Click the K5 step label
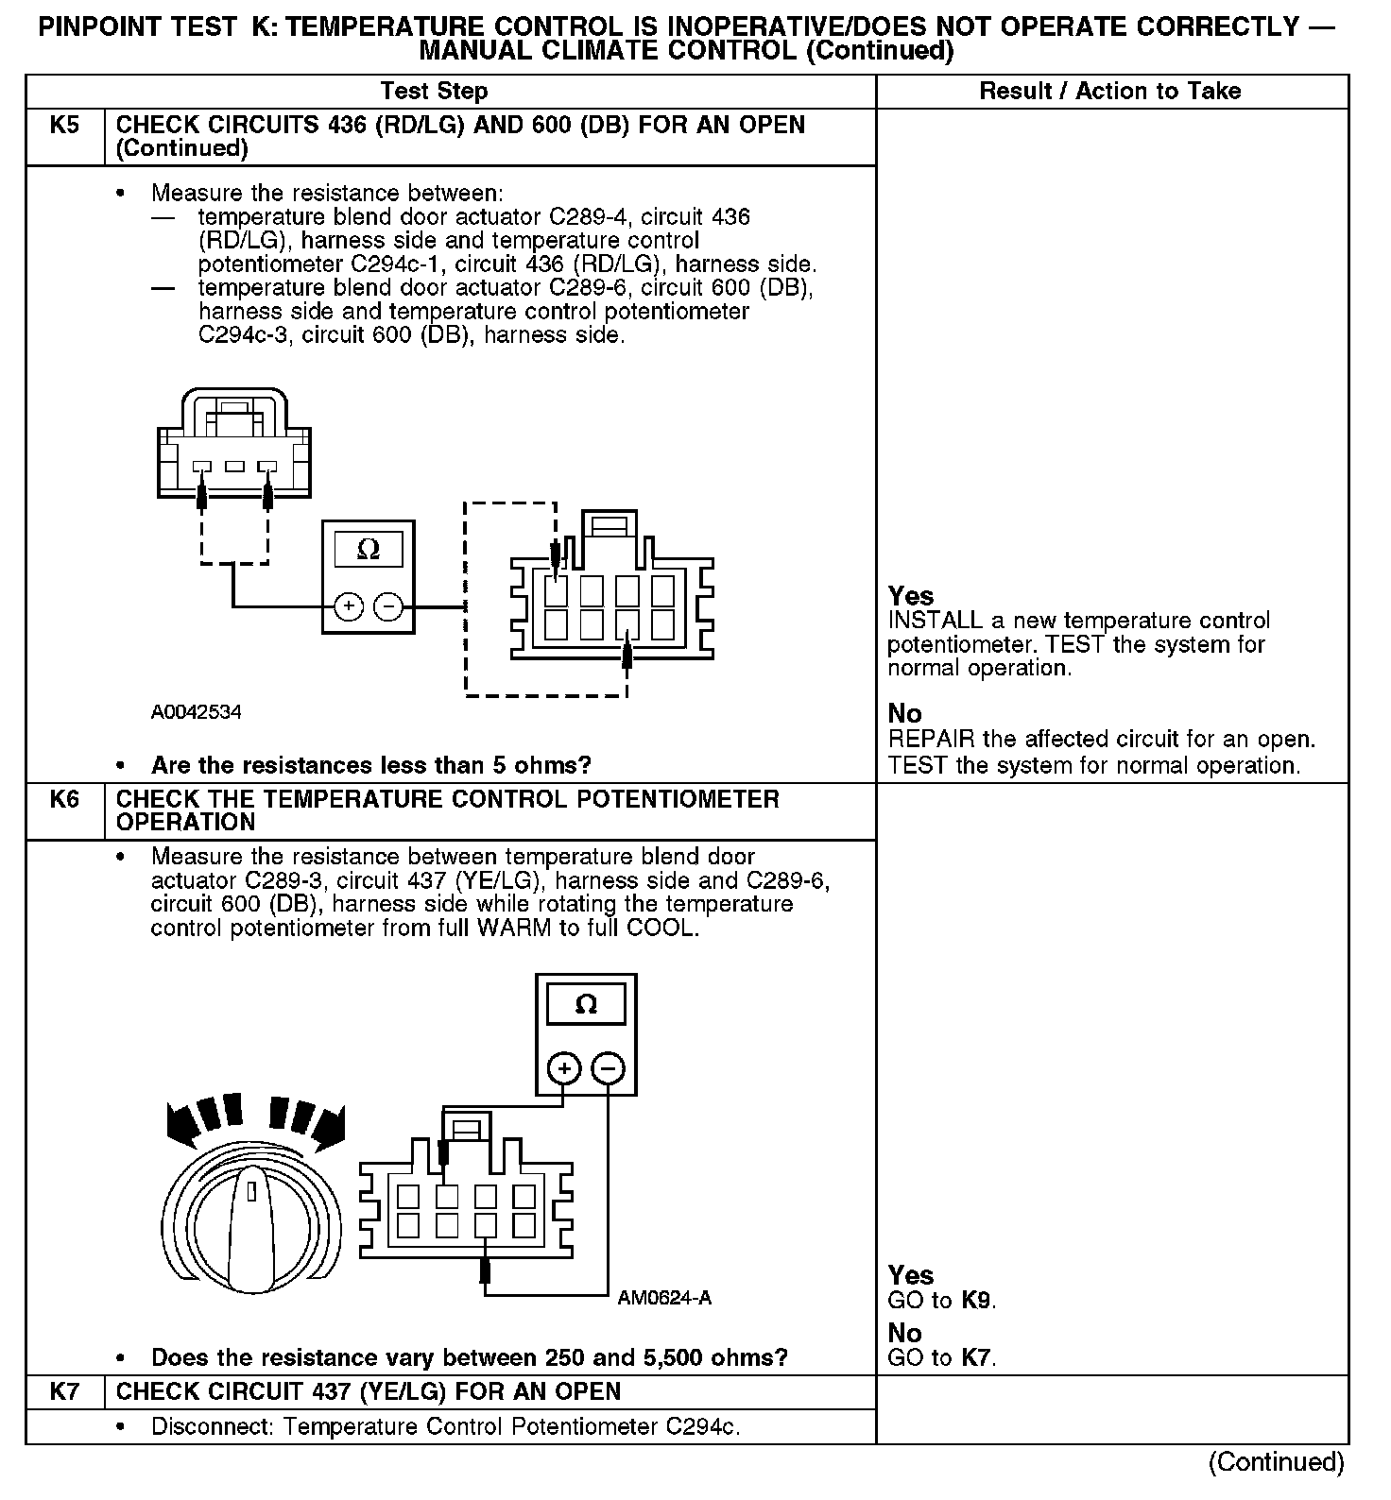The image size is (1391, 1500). (64, 126)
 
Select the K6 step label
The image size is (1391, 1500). (64, 799)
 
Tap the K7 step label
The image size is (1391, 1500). (64, 1391)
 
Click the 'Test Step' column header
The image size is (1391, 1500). (434, 92)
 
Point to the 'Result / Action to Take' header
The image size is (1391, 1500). (1109, 92)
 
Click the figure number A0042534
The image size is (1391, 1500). (196, 712)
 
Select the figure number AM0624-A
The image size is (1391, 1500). (664, 1299)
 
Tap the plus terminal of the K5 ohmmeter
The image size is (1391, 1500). (348, 606)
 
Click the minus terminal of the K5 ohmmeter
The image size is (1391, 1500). (388, 606)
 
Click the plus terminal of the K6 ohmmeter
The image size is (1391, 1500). (564, 1069)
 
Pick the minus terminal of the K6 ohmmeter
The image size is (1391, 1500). (609, 1069)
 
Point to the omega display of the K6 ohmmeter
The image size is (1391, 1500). (586, 1005)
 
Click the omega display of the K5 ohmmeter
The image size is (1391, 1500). (369, 550)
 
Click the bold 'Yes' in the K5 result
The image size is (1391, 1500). (911, 597)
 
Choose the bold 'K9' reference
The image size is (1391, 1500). (977, 1301)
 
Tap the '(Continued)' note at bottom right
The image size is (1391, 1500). (1276, 1462)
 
